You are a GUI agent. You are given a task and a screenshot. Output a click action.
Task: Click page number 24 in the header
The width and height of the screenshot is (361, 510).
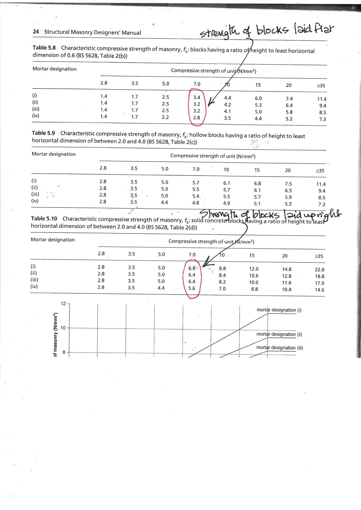pos(36,32)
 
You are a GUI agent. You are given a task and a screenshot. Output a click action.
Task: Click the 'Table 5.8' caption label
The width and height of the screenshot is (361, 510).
pos(44,47)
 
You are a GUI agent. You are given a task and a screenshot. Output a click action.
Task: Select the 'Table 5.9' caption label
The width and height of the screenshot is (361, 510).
pos(43,133)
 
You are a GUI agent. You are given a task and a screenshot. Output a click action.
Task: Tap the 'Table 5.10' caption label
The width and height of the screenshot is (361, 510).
pos(44,218)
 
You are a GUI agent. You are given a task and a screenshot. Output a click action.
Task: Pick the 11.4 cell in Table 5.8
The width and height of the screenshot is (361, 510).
pos(322,99)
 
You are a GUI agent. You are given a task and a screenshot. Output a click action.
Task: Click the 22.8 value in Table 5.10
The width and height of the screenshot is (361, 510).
pos(320,269)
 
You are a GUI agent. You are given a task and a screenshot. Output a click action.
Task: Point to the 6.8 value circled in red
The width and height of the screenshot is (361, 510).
pos(192,268)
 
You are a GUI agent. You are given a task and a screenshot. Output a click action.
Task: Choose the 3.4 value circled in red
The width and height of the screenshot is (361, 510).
pos(197,97)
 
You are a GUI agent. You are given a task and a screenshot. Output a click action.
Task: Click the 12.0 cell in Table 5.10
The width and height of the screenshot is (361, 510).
pos(254,269)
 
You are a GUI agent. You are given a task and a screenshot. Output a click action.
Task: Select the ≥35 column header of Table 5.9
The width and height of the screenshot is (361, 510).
pos(320,171)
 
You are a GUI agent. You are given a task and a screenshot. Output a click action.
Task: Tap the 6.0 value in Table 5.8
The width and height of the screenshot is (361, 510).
pos(258,98)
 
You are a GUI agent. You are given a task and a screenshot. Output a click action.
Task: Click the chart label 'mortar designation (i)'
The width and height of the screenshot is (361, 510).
pos(279,310)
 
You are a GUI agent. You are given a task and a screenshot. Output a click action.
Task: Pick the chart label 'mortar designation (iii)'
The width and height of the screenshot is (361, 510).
pos(280,348)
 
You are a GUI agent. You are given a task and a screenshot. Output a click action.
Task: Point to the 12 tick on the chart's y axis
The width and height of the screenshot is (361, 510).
pos(63,303)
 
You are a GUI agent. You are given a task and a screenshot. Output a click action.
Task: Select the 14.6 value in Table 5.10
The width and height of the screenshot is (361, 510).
pos(320,290)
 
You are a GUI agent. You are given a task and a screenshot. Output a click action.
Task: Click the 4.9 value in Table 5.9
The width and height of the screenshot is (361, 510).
pos(226,203)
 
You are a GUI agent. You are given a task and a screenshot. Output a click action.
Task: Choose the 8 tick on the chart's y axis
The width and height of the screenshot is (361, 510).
pos(64,352)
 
